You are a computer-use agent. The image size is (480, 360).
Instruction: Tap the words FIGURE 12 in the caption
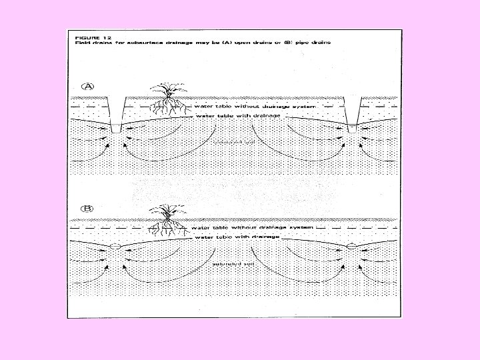(x=89, y=36)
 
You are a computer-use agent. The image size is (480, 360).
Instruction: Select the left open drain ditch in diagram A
(x=119, y=113)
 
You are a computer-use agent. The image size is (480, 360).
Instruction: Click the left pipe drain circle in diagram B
(x=115, y=247)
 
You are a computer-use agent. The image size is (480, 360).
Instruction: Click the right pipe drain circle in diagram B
(x=353, y=248)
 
